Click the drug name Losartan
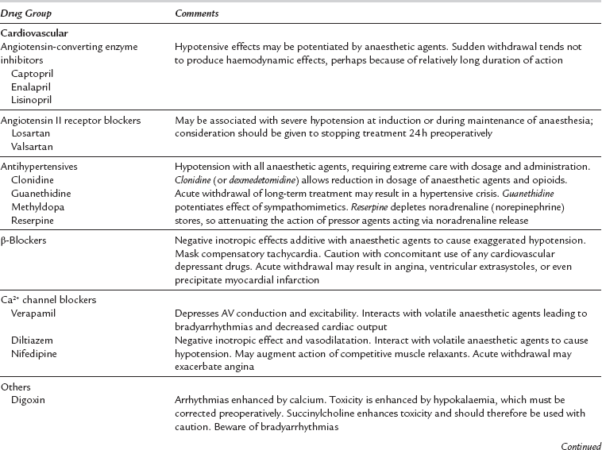click(29, 133)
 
